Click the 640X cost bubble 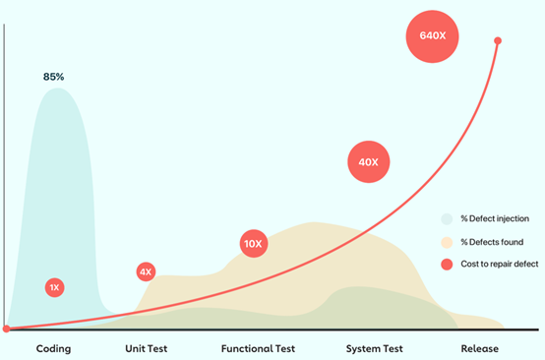click(433, 36)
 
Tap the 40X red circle click(369, 162)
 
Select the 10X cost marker click(253, 244)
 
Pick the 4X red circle click(146, 271)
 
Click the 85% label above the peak click(55, 76)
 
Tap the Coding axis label click(53, 348)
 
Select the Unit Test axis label click(149, 348)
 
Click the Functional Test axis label click(258, 348)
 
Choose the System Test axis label click(375, 348)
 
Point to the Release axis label click(480, 348)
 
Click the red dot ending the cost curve click(498, 41)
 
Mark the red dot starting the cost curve click(7, 329)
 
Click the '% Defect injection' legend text click(495, 219)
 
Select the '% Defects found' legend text click(492, 241)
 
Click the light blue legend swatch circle click(448, 219)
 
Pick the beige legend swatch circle click(448, 241)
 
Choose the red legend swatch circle click(448, 264)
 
